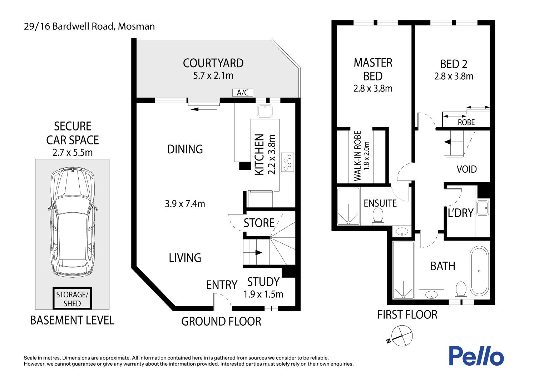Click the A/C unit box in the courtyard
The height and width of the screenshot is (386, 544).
[243, 93]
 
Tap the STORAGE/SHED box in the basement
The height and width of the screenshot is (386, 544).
[72, 299]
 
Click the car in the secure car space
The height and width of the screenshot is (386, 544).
[73, 222]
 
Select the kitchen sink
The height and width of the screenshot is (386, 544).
[265, 111]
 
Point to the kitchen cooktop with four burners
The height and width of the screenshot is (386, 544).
[287, 162]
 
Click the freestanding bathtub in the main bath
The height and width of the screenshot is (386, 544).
[479, 271]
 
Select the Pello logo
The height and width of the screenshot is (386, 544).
[476, 356]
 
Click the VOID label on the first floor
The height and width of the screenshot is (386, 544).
[466, 169]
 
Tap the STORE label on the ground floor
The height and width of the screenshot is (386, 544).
[259, 223]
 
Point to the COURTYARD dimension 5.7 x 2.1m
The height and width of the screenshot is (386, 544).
[213, 76]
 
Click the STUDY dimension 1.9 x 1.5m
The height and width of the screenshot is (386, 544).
[263, 294]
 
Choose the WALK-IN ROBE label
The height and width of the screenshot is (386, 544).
[358, 156]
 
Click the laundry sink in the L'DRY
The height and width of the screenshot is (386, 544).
[482, 208]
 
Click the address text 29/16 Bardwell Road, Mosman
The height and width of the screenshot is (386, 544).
[89, 26]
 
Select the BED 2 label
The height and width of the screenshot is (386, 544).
[454, 64]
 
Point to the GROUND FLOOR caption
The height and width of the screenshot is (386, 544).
[221, 321]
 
